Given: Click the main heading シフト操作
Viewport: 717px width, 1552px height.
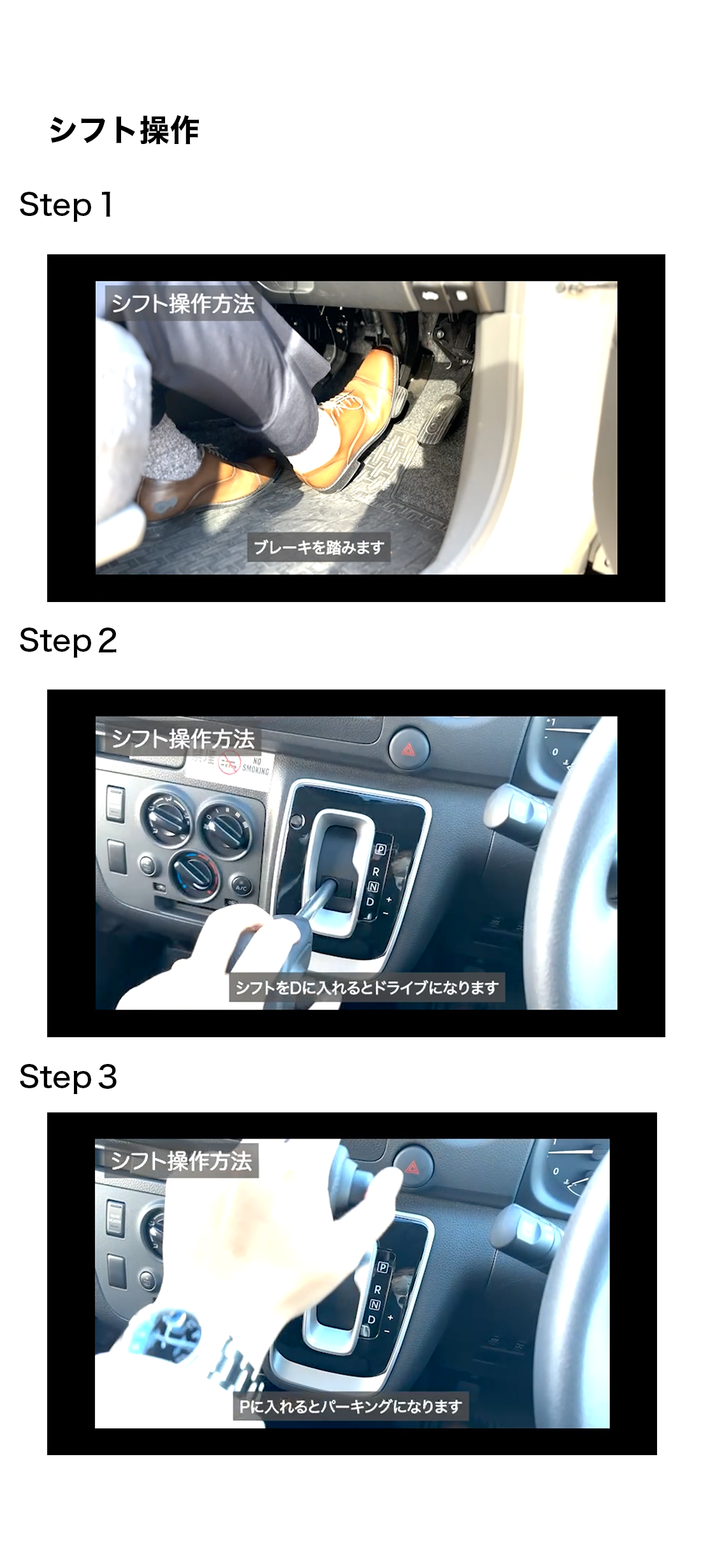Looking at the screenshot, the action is pos(124,131).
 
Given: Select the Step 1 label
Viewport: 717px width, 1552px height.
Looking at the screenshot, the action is pos(66,205).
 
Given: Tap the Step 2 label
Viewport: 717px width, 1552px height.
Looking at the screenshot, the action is pos(68,641).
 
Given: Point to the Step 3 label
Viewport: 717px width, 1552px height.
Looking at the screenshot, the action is pos(68,1077).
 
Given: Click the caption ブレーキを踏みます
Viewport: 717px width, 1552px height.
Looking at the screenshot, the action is pos(319,547).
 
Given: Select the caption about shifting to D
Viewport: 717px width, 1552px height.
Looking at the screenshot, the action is pos(367,988).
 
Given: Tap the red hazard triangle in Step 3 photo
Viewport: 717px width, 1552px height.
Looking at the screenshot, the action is pos(412,1167).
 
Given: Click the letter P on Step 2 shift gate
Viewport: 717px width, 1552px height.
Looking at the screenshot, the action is pos(380,849).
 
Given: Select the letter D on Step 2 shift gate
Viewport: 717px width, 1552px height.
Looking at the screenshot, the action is pos(370,902).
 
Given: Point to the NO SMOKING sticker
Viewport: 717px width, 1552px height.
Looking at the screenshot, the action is pos(244,764).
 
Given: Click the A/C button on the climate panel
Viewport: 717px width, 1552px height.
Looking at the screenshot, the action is pos(241,886).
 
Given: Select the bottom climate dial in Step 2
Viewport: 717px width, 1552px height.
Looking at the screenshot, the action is pos(194,872).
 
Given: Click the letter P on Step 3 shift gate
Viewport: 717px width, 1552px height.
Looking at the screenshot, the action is pos(383,1267).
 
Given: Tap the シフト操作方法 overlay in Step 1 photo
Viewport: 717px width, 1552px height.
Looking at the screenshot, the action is pos(183,303).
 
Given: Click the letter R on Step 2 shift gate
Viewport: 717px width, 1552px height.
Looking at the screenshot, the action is pos(376,872).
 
